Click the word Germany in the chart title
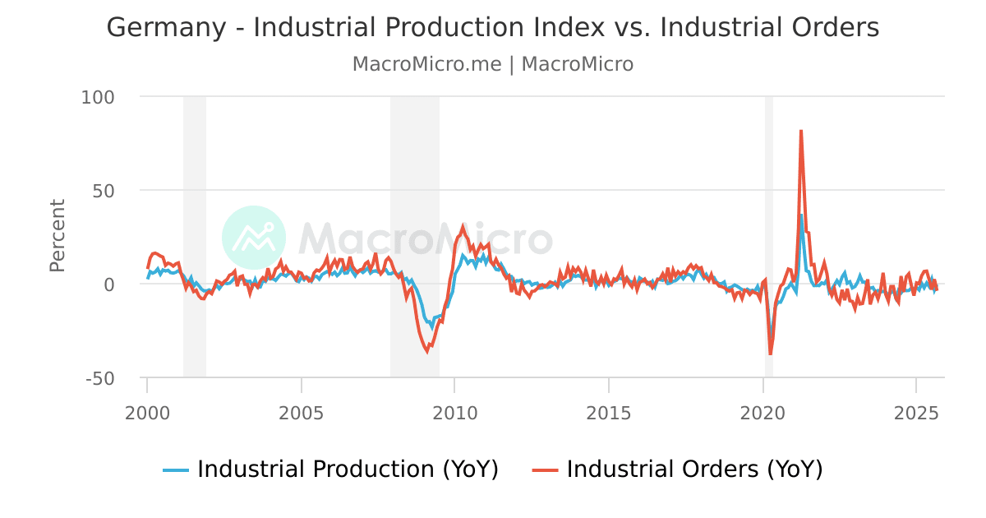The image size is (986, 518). coord(165,28)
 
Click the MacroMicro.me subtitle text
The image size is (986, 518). coord(426,64)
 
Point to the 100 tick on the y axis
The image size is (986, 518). coord(98,97)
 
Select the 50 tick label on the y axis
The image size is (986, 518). coord(104,191)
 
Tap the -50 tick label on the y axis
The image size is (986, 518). coord(99,378)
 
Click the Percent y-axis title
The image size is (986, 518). coord(58,235)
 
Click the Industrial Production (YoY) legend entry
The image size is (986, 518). coord(331,469)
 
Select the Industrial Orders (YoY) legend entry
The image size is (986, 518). coord(678,469)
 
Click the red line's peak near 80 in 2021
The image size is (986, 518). coord(800,131)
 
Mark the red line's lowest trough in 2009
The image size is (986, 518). coord(426,352)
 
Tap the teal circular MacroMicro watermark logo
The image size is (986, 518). coord(254,238)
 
